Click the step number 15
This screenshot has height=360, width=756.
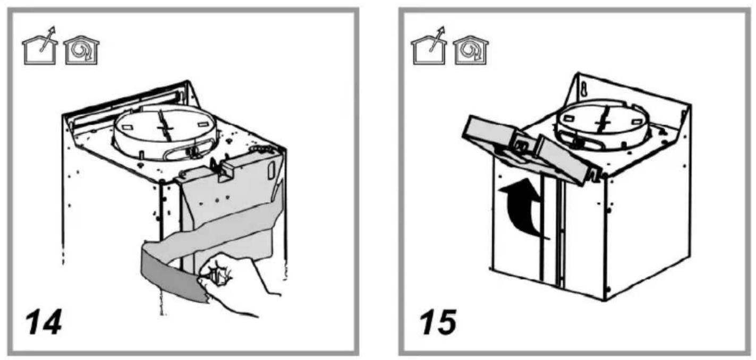coord(438,322)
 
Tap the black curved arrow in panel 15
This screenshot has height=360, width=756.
coord(521,208)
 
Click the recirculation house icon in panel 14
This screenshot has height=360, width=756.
coord(82,50)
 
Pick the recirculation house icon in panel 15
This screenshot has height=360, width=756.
coord(471,50)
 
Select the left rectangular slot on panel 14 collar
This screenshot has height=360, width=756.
coord(127,127)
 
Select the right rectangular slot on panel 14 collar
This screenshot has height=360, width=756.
coord(203,124)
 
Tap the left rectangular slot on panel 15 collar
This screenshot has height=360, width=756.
coord(568,118)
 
